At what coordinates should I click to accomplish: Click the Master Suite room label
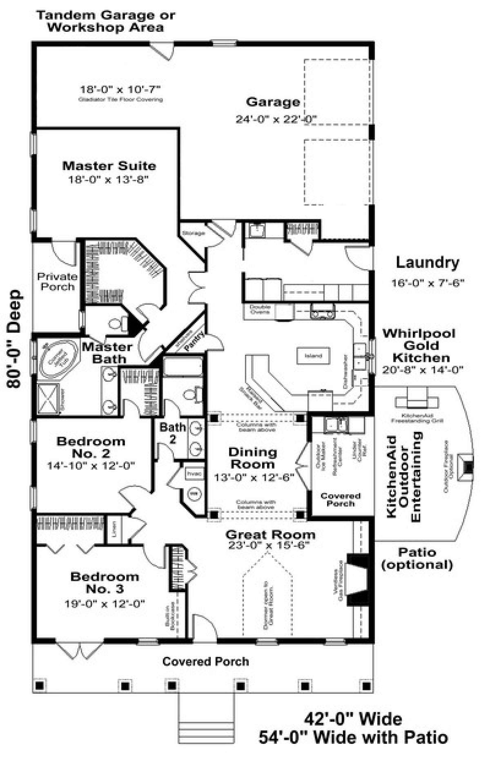pos(109,166)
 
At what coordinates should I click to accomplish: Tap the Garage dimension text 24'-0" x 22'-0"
pos(276,119)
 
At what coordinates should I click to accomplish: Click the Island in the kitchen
pos(313,355)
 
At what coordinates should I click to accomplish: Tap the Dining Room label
pos(252,458)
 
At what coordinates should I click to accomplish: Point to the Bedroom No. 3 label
pos(105,582)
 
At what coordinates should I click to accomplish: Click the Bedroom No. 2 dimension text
pos(91,466)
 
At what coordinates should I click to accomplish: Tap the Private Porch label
pos(57,281)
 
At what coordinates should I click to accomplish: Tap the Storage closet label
pos(193,233)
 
